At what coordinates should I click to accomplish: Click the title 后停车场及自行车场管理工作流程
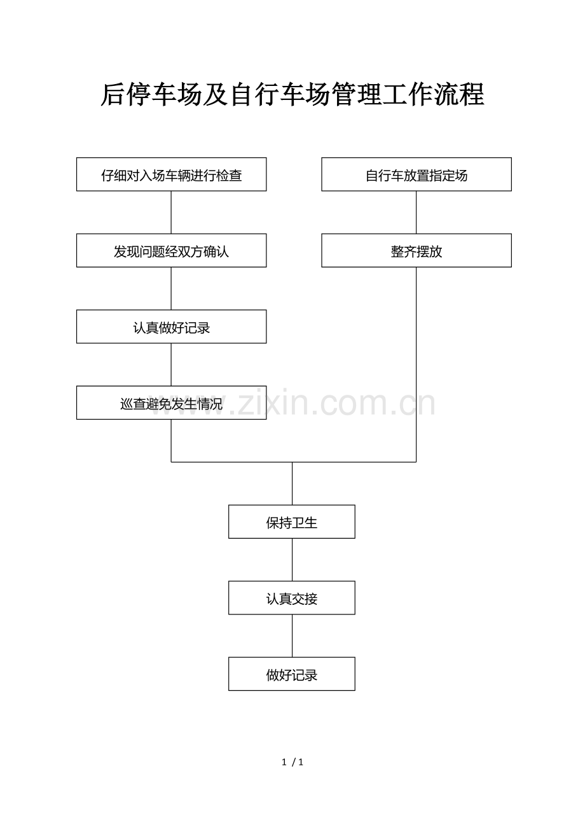(292, 94)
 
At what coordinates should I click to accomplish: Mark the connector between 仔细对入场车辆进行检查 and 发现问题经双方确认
(171, 213)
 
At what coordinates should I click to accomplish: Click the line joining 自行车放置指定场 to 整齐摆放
(416, 213)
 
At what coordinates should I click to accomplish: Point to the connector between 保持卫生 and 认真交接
(292, 560)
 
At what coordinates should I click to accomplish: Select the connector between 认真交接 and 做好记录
(292, 636)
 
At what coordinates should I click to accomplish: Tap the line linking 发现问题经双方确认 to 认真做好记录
(171, 288)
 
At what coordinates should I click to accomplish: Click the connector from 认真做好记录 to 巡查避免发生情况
(171, 365)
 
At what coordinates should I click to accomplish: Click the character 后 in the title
(113, 94)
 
